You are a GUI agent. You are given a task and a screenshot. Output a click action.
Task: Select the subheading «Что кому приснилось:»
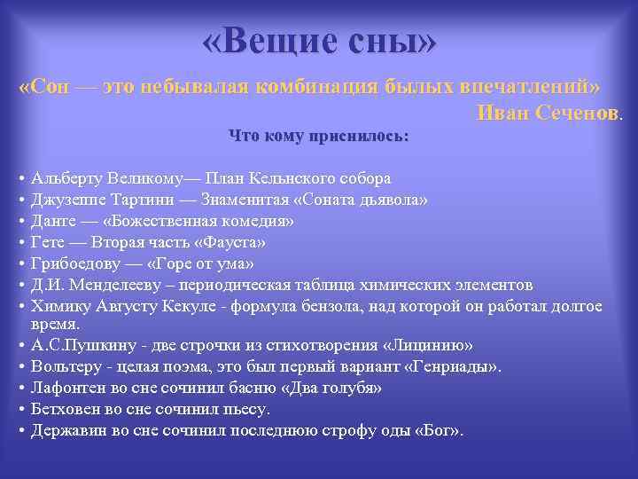coord(319,137)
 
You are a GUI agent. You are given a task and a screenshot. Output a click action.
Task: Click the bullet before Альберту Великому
coord(20,177)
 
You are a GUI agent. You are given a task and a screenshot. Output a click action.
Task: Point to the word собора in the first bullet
coord(362,177)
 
